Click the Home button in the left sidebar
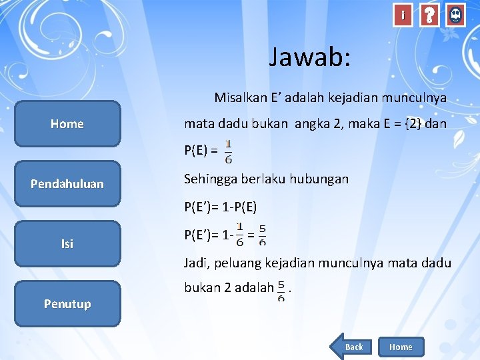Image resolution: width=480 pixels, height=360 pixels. click(67, 123)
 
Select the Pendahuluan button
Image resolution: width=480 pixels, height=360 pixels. click(67, 183)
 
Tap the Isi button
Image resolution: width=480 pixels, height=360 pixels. click(67, 243)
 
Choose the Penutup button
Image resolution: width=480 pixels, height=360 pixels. click(67, 303)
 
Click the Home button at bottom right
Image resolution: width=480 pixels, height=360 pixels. click(401, 347)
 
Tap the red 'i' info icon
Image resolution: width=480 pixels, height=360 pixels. click(402, 15)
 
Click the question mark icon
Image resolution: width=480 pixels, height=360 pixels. click(429, 15)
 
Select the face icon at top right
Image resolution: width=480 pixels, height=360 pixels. click(455, 15)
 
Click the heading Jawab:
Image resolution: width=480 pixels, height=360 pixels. click(309, 57)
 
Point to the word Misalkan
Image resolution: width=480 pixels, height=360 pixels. click(239, 98)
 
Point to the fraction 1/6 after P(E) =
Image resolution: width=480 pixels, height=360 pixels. click(229, 151)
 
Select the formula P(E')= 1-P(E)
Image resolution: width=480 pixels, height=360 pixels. click(221, 207)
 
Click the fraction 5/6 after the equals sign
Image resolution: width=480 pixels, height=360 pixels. click(262, 234)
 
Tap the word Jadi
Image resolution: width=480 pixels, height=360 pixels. click(197, 263)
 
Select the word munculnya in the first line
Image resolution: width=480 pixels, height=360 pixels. click(414, 98)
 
